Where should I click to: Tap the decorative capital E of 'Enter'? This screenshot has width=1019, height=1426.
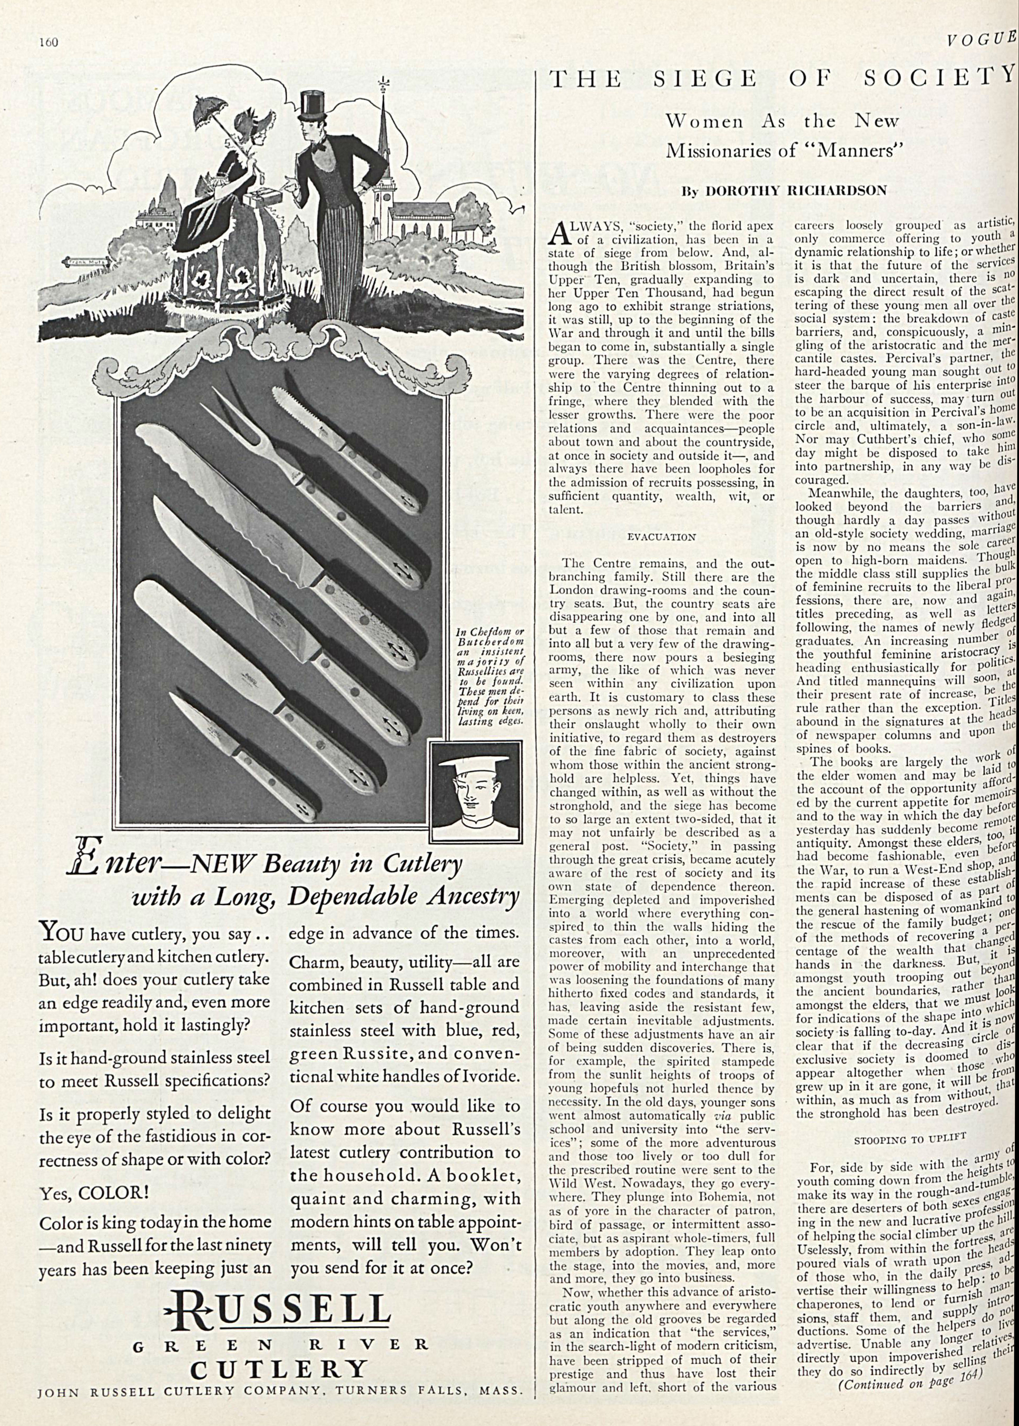click(x=83, y=865)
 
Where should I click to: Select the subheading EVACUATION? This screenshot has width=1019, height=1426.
click(x=661, y=538)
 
